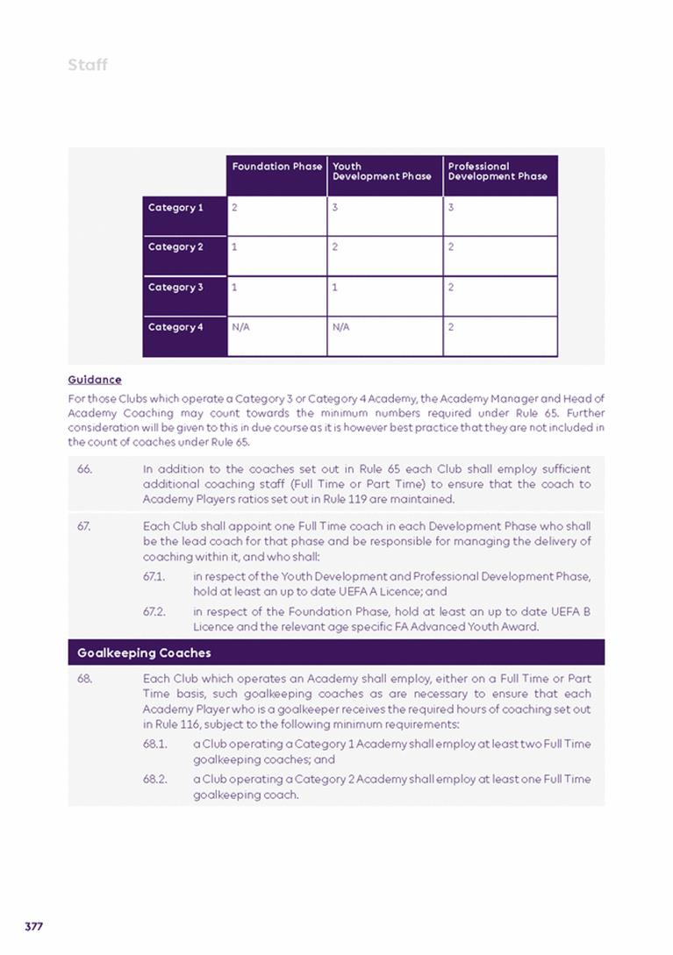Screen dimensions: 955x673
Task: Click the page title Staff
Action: tap(88, 65)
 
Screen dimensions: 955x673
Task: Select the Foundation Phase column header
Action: tap(276, 167)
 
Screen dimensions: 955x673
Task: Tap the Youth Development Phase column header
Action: tap(382, 171)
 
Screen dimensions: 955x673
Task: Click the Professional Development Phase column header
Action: tap(498, 171)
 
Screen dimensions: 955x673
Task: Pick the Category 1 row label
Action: tap(175, 208)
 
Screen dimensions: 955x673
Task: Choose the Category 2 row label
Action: tap(175, 247)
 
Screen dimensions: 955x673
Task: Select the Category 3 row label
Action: tap(175, 288)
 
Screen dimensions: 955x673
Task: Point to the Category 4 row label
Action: tap(175, 327)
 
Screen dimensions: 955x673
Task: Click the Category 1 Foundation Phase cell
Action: tap(276, 215)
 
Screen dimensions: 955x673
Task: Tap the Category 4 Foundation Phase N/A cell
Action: tap(276, 335)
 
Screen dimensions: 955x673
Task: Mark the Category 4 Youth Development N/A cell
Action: tap(384, 335)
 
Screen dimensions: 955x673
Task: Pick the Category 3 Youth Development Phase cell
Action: tap(384, 295)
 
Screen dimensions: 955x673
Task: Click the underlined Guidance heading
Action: tap(95, 380)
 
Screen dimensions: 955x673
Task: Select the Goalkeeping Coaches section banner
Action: tap(336, 652)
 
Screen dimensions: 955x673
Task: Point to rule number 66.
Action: tap(84, 469)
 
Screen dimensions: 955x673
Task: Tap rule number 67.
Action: tap(84, 526)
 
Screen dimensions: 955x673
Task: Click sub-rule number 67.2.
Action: tap(154, 611)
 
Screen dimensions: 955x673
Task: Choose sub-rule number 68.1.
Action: tap(155, 744)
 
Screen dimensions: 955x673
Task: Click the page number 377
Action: tap(34, 927)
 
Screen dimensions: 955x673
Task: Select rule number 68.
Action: tap(84, 679)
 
